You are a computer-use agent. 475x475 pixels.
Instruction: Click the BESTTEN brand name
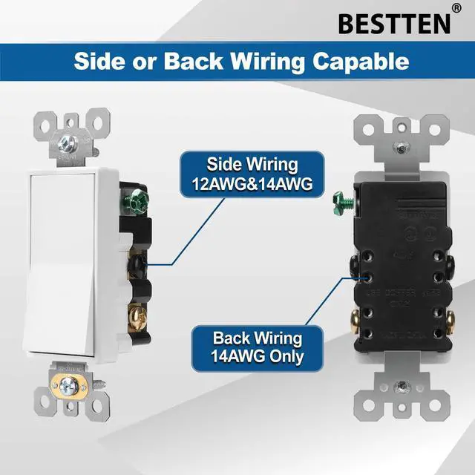393,22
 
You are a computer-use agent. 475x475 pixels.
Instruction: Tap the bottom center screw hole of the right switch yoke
402,386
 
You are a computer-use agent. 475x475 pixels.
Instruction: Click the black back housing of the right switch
401,267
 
